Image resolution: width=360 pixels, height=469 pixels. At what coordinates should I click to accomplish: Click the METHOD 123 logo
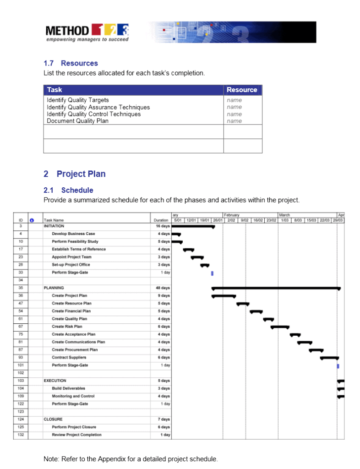[x=87, y=33]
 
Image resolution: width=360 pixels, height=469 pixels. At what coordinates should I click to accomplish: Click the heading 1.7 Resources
[x=71, y=63]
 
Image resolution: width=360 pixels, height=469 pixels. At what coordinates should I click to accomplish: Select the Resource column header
[x=242, y=90]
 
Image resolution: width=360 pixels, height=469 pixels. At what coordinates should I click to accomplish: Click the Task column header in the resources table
[x=55, y=90]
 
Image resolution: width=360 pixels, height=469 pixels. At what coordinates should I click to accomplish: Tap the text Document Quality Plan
[x=77, y=121]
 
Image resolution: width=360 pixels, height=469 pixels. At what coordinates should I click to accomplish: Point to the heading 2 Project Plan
[x=74, y=174]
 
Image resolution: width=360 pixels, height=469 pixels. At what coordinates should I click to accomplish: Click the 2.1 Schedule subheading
[x=68, y=190]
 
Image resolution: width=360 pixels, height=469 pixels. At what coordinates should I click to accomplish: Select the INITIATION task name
[x=54, y=226]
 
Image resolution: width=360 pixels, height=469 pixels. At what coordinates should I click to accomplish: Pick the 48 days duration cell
[x=162, y=288]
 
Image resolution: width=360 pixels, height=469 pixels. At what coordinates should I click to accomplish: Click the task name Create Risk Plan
[x=67, y=327]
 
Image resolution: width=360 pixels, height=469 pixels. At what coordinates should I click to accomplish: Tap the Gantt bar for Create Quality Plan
[x=268, y=319]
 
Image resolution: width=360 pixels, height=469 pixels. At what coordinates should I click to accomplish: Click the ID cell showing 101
[x=21, y=365]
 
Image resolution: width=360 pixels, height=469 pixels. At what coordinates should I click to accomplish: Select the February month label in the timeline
[x=232, y=215]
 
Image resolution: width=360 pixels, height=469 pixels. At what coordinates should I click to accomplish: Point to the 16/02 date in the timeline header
[x=257, y=220]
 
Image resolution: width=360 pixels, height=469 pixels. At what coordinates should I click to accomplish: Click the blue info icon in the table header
[x=32, y=220]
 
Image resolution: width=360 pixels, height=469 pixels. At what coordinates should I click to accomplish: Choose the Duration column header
[x=161, y=220]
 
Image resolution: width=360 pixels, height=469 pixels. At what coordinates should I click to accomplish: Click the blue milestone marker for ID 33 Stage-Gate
[x=212, y=273]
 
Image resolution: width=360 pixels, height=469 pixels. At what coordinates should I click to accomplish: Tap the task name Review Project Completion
[x=76, y=435]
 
